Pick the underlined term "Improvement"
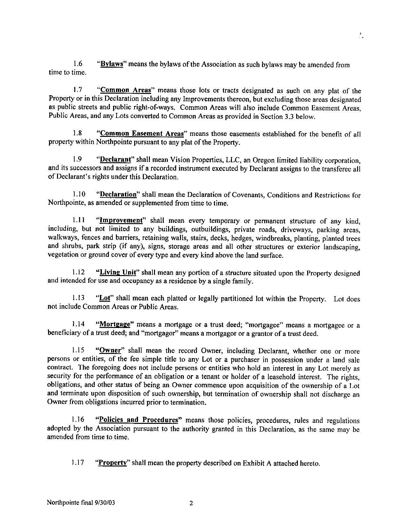coord(121,220)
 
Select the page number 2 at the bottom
coord(191,504)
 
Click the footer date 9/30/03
coord(104,503)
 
